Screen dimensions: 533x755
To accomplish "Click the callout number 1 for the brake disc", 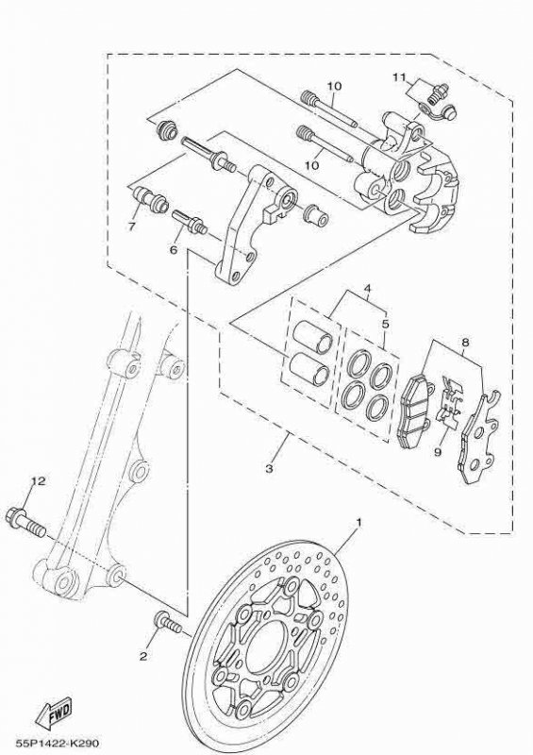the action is pyautogui.click(x=358, y=523).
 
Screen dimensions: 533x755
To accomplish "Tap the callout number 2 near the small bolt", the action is pyautogui.click(x=143, y=656).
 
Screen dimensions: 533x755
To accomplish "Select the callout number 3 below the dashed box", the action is pyautogui.click(x=269, y=468).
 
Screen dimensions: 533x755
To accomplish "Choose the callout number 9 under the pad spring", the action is pyautogui.click(x=174, y=249).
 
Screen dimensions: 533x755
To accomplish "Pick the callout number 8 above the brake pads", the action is pyautogui.click(x=131, y=226).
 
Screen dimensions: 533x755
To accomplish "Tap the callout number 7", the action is pyautogui.click(x=465, y=343).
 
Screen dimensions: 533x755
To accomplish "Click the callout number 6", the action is pyautogui.click(x=438, y=452).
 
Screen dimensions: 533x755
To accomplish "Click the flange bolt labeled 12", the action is pyautogui.click(x=26, y=522).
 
